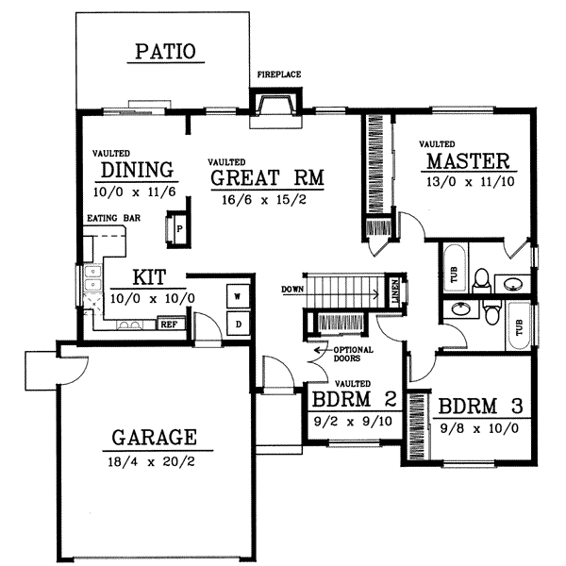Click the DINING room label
point(137,171)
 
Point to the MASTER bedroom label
point(467,160)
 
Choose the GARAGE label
point(154,438)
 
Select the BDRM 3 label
point(480,407)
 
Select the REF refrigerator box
point(169,324)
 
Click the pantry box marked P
point(178,229)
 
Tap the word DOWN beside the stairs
point(292,289)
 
